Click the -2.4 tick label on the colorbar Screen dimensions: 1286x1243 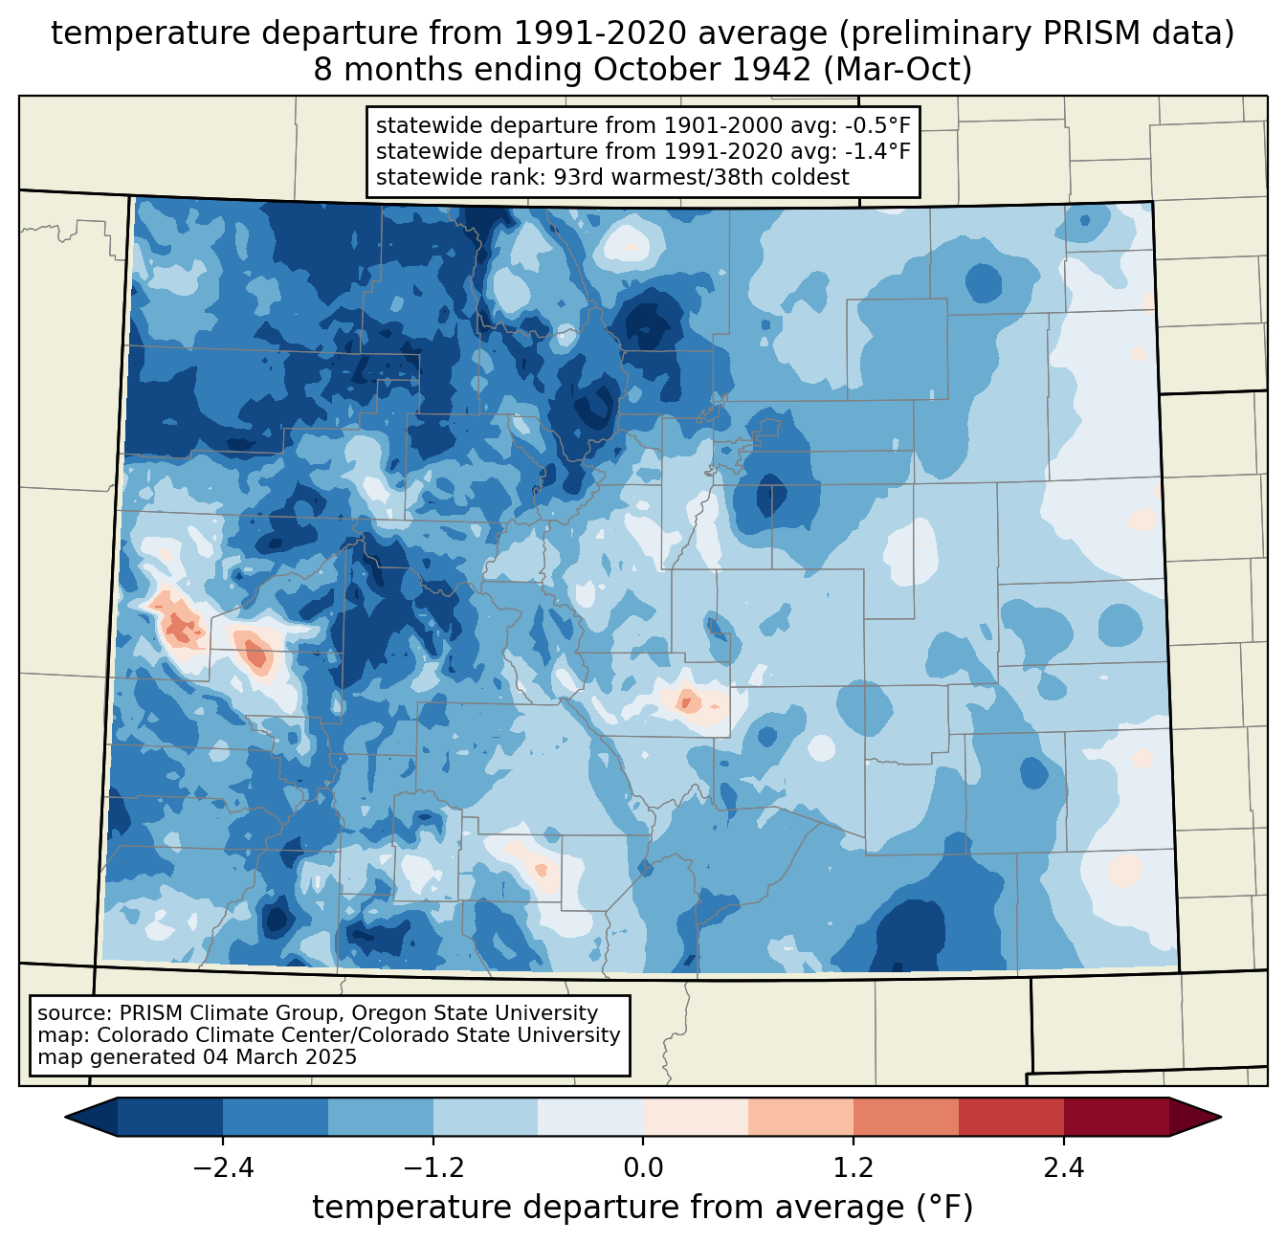coord(223,1167)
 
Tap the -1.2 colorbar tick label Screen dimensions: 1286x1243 coord(433,1167)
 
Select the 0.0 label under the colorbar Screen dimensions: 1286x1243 coord(643,1167)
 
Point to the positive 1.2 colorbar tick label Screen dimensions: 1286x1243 coord(854,1167)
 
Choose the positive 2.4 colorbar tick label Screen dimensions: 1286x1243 coord(1064,1167)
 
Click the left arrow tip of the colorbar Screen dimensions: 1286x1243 coord(65,1117)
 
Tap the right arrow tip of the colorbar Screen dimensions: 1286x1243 coord(1221,1117)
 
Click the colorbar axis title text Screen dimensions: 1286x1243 coord(642,1207)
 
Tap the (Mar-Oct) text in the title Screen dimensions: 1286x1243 coord(898,70)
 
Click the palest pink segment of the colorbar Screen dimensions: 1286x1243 coord(696,1117)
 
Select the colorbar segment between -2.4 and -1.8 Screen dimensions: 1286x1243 coord(276,1117)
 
